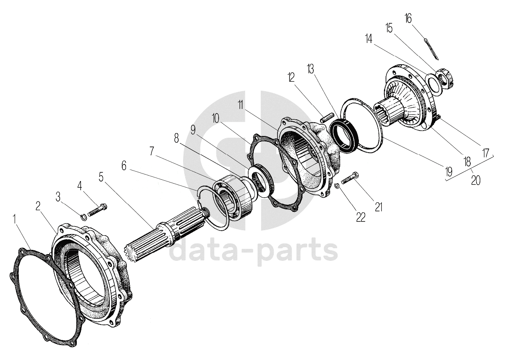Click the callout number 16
click(x=408, y=19)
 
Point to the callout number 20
click(x=476, y=180)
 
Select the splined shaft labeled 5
click(x=167, y=236)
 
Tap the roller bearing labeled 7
click(x=234, y=196)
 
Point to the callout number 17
click(x=485, y=153)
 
